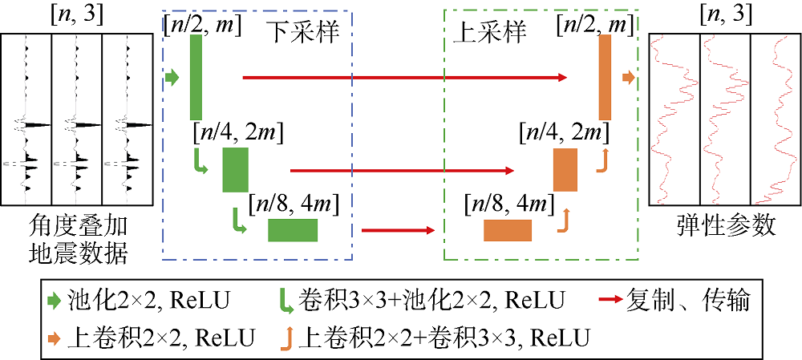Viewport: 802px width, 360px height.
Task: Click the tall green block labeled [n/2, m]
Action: point(196,77)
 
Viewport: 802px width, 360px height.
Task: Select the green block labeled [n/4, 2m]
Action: point(236,170)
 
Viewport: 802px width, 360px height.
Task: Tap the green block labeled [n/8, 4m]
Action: point(293,230)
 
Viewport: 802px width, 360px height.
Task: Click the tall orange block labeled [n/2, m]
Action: point(606,78)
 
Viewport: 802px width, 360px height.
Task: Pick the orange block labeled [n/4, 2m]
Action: point(565,170)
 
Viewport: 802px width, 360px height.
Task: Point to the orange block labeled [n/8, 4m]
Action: point(508,230)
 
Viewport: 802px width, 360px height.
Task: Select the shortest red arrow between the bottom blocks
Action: point(398,230)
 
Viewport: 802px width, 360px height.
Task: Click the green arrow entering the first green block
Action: point(172,77)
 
